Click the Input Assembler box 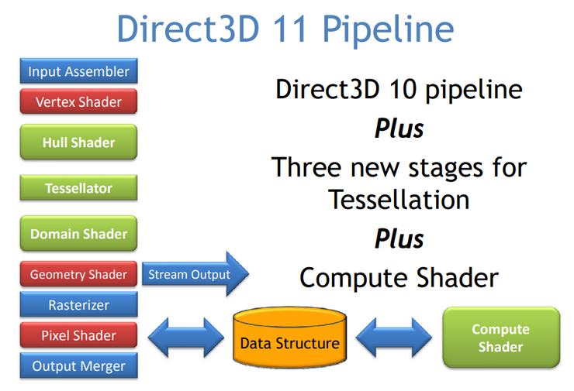78,72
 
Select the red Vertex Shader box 78,101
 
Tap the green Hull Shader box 78,142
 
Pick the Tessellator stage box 78,188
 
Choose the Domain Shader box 78,234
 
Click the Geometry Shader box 78,275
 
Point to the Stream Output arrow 193,275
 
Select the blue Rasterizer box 78,305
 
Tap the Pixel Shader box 78,335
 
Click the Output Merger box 78,366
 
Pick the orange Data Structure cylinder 289,338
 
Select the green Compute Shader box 500,338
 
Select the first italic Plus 399,128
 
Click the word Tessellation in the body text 399,200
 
